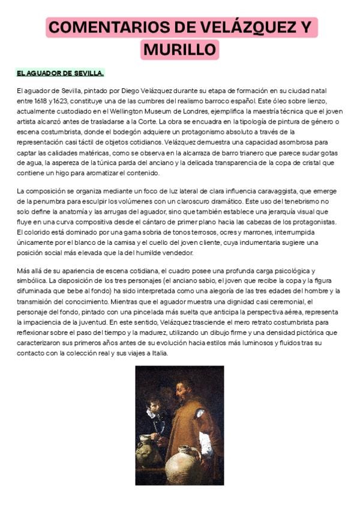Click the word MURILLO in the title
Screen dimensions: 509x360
180,48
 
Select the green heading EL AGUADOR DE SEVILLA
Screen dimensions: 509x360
60,73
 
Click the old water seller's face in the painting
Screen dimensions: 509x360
184,391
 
